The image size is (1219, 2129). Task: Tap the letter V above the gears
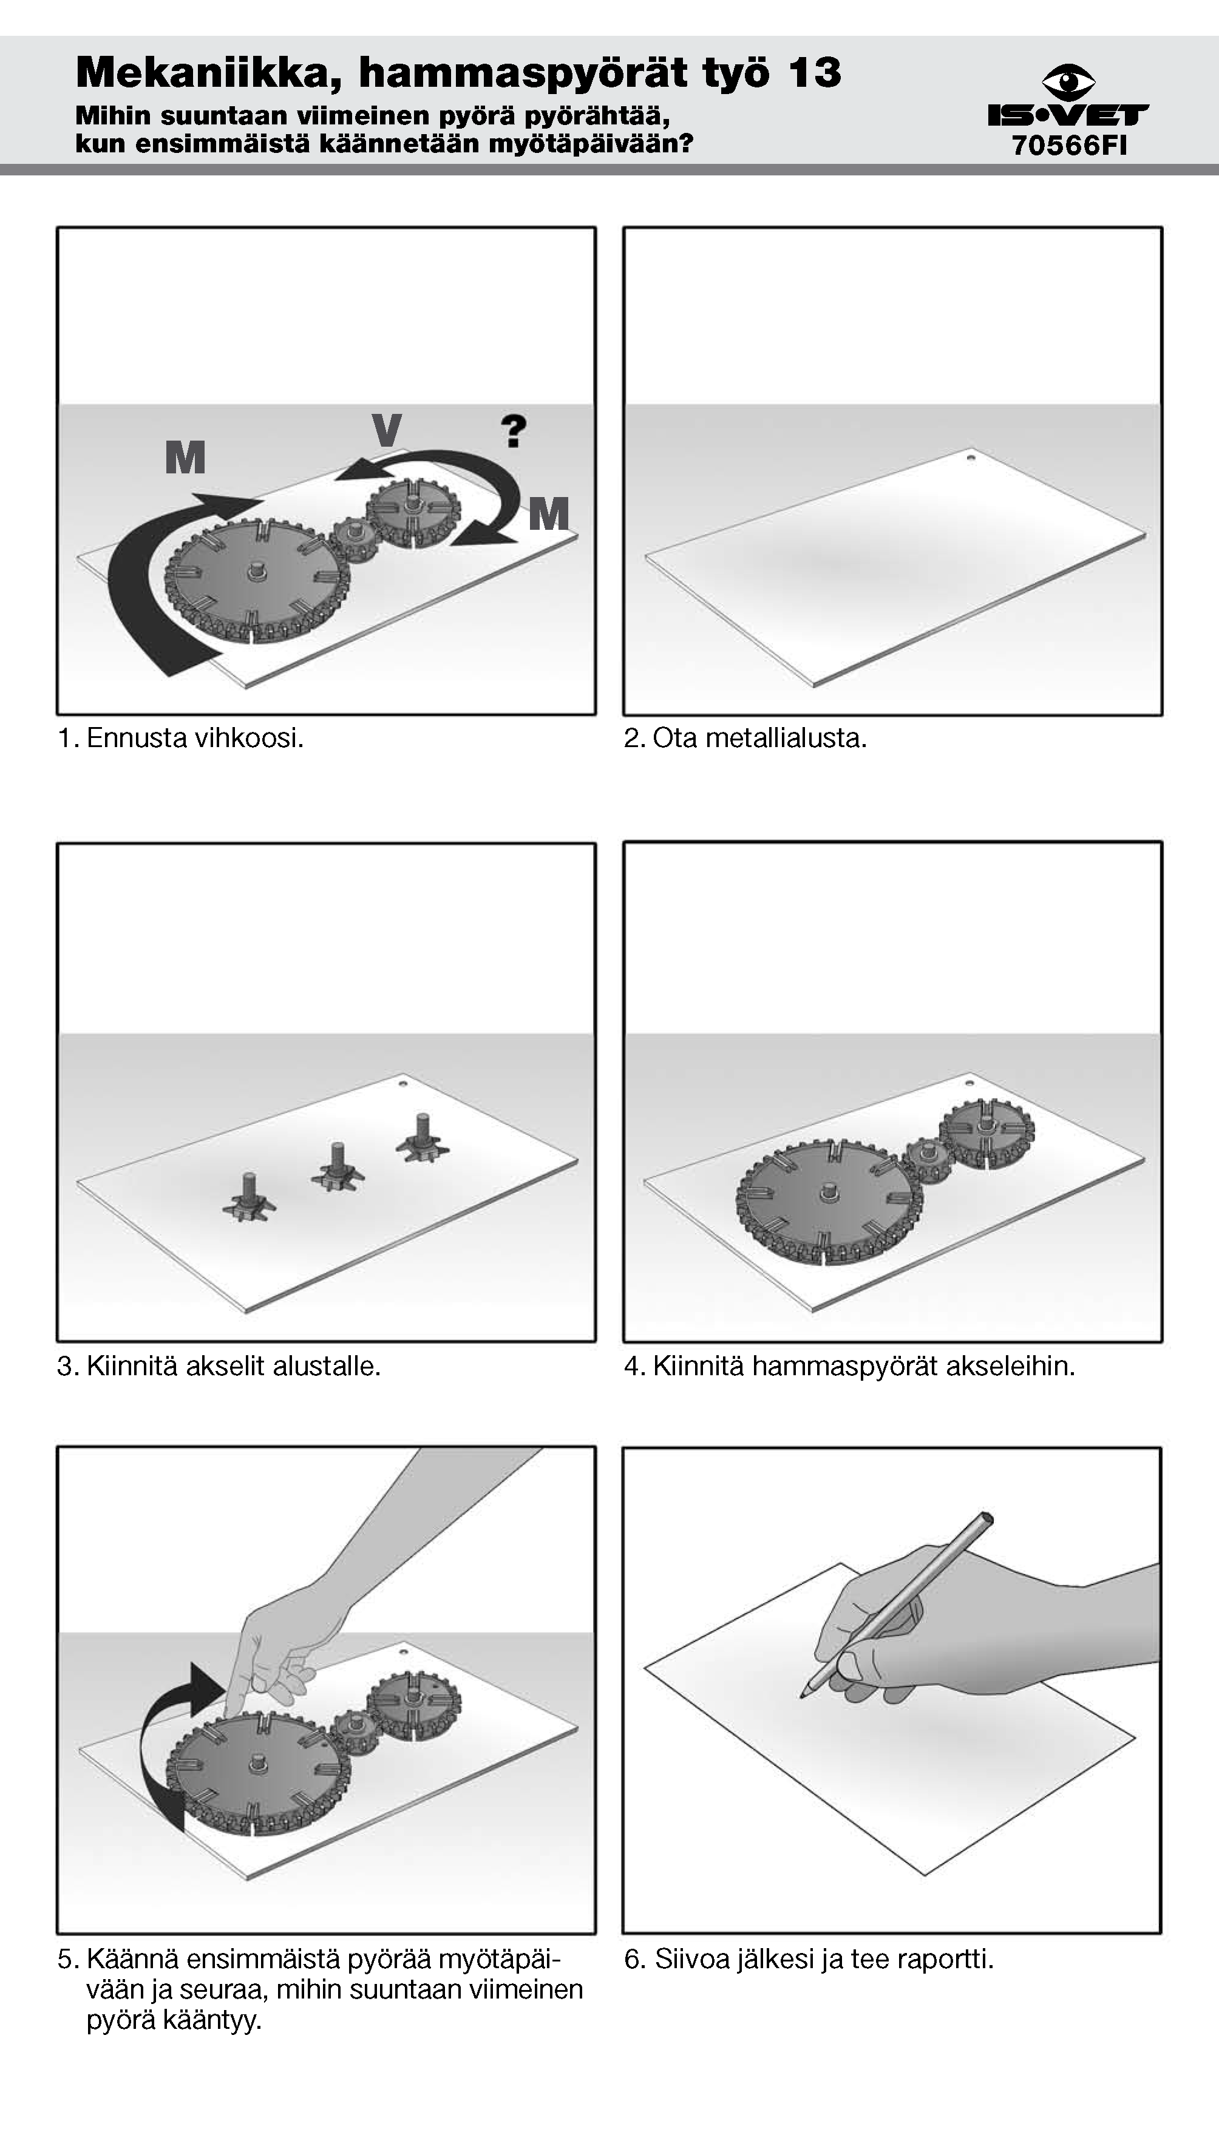tap(386, 430)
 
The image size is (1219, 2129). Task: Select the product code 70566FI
tap(1069, 145)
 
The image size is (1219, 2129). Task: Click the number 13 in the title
tap(814, 72)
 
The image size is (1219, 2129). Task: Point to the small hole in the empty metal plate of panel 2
tap(970, 458)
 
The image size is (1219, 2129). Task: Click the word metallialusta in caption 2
tap(784, 738)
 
